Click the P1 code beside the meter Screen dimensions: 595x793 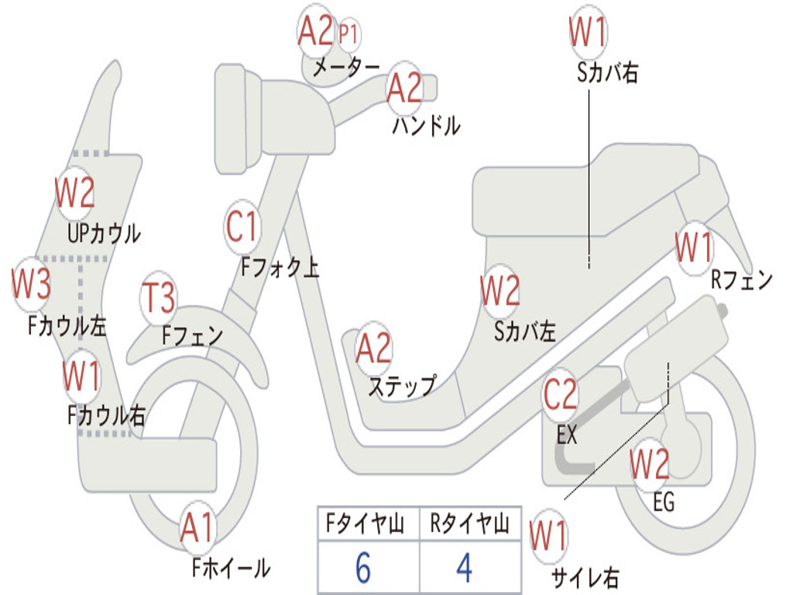[x=349, y=33]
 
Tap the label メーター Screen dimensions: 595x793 [x=345, y=68]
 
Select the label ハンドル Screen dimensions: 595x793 [x=426, y=125]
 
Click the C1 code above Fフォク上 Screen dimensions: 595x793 [x=242, y=227]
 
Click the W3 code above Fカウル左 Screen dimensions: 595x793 [x=31, y=284]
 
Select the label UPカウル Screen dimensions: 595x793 [x=104, y=232]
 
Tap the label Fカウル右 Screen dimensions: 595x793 [x=106, y=415]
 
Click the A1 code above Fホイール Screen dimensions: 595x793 [x=197, y=529]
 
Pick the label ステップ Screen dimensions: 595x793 [x=401, y=385]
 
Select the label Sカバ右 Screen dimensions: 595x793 [x=607, y=73]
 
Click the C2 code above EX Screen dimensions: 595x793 [x=560, y=395]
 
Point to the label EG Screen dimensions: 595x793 [x=664, y=502]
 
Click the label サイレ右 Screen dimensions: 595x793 [x=585, y=577]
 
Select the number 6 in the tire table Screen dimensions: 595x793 [x=362, y=569]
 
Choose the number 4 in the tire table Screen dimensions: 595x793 [x=464, y=569]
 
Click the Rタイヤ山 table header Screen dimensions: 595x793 [x=469, y=525]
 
